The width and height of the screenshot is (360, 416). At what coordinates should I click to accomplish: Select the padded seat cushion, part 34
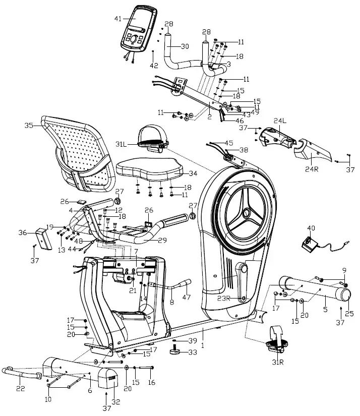[149, 170]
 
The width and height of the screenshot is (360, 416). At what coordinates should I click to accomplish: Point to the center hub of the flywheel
[246, 213]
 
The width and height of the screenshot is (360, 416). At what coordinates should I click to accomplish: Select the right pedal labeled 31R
[275, 341]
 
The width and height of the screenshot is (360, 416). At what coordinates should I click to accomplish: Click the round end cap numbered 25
[346, 293]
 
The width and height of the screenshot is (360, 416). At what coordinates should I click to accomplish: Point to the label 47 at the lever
[187, 296]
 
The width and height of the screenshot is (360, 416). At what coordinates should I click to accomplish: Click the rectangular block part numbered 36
[42, 239]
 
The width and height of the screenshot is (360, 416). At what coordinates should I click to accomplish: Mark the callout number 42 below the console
[153, 65]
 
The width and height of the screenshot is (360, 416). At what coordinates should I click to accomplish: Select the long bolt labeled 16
[143, 368]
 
